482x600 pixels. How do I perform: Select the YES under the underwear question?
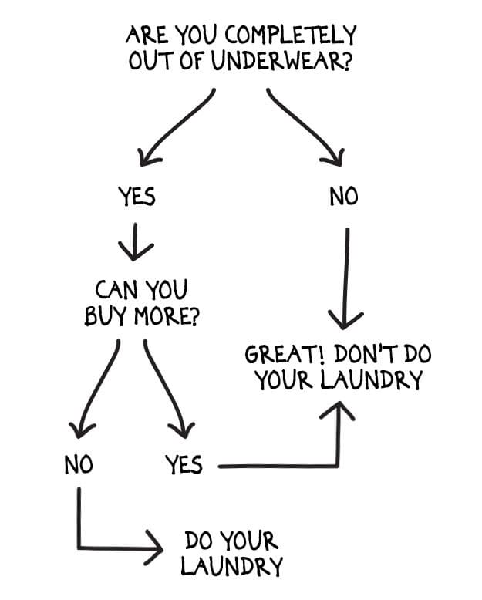click(x=137, y=197)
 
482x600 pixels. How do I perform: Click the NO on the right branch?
click(x=344, y=197)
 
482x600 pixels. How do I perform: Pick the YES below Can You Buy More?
click(x=184, y=464)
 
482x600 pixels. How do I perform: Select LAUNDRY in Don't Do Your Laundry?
click(x=378, y=381)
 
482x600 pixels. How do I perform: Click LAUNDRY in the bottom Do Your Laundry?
click(x=231, y=567)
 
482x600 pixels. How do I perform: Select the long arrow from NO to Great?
click(x=346, y=278)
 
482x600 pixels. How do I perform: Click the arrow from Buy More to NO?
click(x=96, y=386)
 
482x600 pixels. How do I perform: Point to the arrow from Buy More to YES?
click(x=166, y=386)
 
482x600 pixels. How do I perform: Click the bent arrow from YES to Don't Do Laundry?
click(x=308, y=466)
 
